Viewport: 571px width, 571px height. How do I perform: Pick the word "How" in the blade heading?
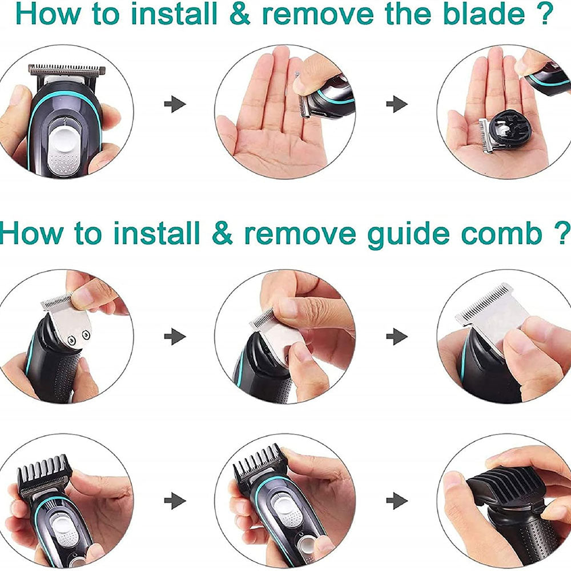[49, 14]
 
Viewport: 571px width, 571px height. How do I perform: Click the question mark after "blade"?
[545, 14]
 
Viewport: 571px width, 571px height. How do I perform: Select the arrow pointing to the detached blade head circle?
[397, 104]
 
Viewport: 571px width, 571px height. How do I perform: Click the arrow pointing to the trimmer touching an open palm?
[175, 104]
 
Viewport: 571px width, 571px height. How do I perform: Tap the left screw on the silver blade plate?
[71, 340]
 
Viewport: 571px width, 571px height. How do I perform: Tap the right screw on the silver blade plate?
[86, 334]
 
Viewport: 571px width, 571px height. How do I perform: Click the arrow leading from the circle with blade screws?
[175, 336]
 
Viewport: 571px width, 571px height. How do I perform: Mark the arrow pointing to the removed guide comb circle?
[397, 501]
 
